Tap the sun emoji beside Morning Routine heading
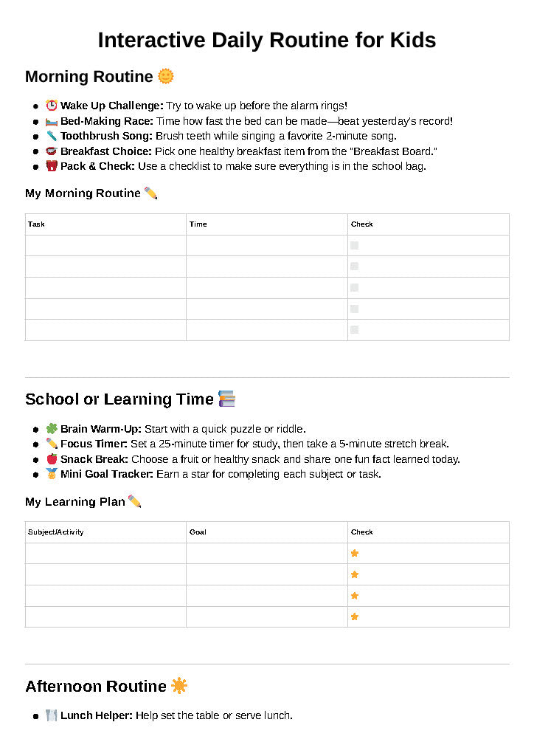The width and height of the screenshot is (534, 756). (166, 76)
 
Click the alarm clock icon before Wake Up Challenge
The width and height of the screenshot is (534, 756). (52, 106)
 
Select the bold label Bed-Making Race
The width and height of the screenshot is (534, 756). (107, 121)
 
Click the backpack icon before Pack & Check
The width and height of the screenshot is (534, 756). (52, 166)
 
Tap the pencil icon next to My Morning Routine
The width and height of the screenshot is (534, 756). (151, 193)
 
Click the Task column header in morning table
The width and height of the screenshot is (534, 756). (36, 224)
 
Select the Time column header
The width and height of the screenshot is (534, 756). (198, 224)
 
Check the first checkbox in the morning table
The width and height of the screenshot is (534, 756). (355, 245)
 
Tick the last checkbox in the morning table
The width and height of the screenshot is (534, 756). (355, 330)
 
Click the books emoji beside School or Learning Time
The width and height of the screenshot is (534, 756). (227, 399)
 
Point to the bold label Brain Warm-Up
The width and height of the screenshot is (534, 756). (100, 429)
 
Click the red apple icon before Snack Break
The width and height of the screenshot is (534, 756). (52, 459)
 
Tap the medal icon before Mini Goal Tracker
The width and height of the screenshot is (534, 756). (52, 474)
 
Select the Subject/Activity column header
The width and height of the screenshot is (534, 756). (56, 532)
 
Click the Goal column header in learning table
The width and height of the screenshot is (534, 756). (198, 532)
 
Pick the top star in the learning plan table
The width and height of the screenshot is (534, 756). (355, 553)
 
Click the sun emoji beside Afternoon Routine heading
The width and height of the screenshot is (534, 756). (179, 686)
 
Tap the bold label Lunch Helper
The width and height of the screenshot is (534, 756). (96, 715)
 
